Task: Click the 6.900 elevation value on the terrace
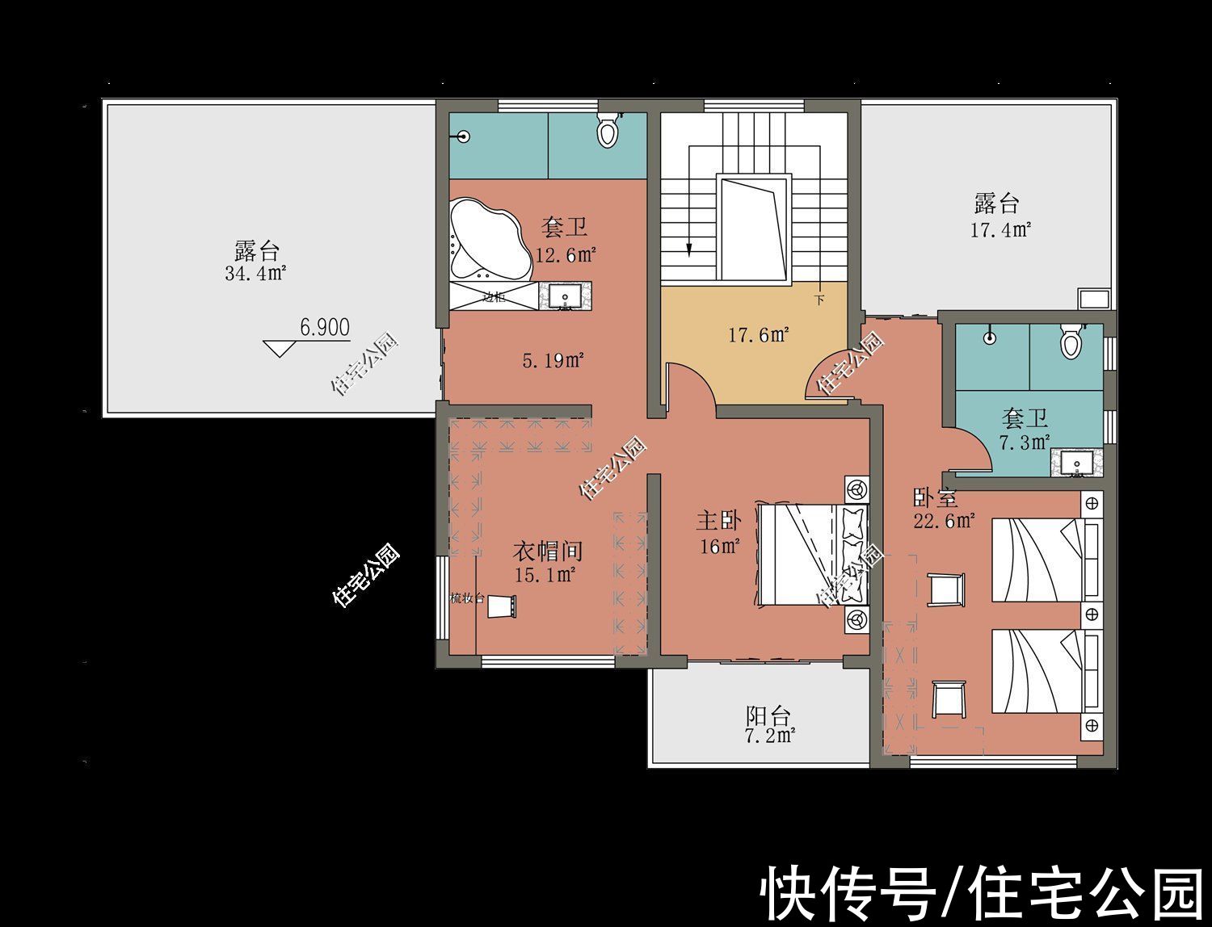coord(325,327)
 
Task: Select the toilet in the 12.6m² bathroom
coord(608,129)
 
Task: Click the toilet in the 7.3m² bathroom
coord(1071,341)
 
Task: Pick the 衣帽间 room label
coord(548,552)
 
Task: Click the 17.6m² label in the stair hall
coord(759,334)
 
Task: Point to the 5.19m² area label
coord(553,360)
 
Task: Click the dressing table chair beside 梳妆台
coord(501,606)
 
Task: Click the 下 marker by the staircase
coord(819,300)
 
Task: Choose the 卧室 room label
coord(935,497)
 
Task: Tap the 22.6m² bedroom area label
coord(944,521)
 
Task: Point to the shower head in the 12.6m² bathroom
coord(463,136)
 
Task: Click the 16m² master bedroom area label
coord(720,546)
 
